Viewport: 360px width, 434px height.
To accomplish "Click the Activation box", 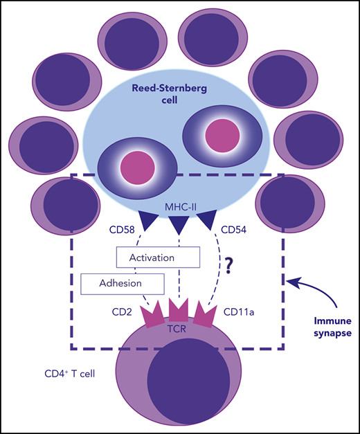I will tap(158, 257).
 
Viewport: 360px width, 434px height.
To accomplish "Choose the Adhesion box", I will tap(122, 283).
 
